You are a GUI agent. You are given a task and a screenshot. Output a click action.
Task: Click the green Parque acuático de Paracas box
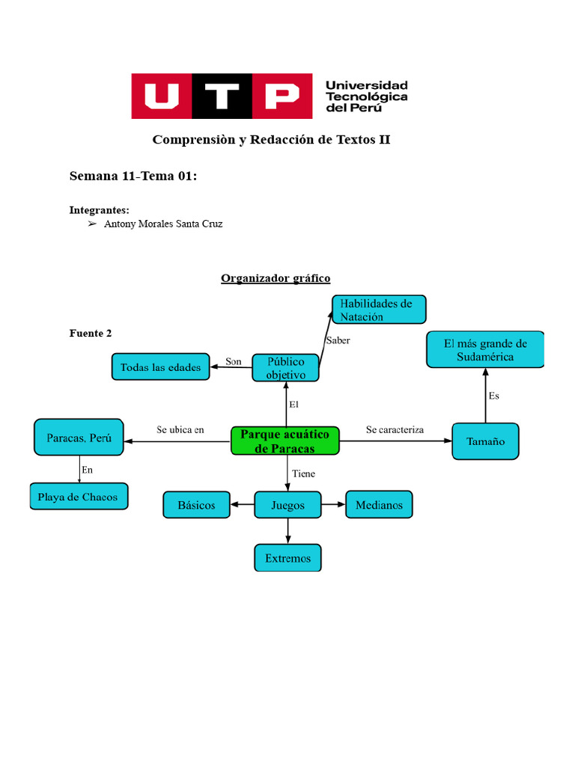point(285,441)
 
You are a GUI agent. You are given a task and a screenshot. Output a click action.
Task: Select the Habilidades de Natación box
point(379,310)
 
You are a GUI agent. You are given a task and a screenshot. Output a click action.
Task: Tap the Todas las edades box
point(160,367)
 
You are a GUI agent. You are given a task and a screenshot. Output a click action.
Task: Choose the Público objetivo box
point(285,368)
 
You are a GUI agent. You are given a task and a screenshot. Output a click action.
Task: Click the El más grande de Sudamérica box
point(485,350)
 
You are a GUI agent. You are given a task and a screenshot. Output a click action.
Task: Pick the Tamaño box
point(485,441)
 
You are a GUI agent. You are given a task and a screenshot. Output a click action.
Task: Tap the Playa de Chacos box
point(79,497)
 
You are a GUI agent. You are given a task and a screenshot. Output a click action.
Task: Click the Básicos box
point(196,505)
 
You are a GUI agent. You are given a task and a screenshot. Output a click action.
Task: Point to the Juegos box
point(288,505)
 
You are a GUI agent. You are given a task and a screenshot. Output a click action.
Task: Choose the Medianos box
point(379,505)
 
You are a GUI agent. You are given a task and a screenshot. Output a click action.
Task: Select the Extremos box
point(287,558)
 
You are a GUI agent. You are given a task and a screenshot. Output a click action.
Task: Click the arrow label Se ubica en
point(180,430)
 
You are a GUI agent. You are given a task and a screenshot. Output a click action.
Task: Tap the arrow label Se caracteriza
point(395,430)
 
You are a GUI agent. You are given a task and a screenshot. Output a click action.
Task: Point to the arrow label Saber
point(338,340)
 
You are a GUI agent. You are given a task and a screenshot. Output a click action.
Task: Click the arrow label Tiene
point(303,474)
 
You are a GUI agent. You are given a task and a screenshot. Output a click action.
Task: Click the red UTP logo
point(222,96)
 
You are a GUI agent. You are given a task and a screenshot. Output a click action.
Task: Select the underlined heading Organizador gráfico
point(276,278)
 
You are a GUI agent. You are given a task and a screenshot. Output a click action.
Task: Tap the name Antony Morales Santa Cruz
point(163,224)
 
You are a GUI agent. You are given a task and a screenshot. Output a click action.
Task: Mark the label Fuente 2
point(91,333)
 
